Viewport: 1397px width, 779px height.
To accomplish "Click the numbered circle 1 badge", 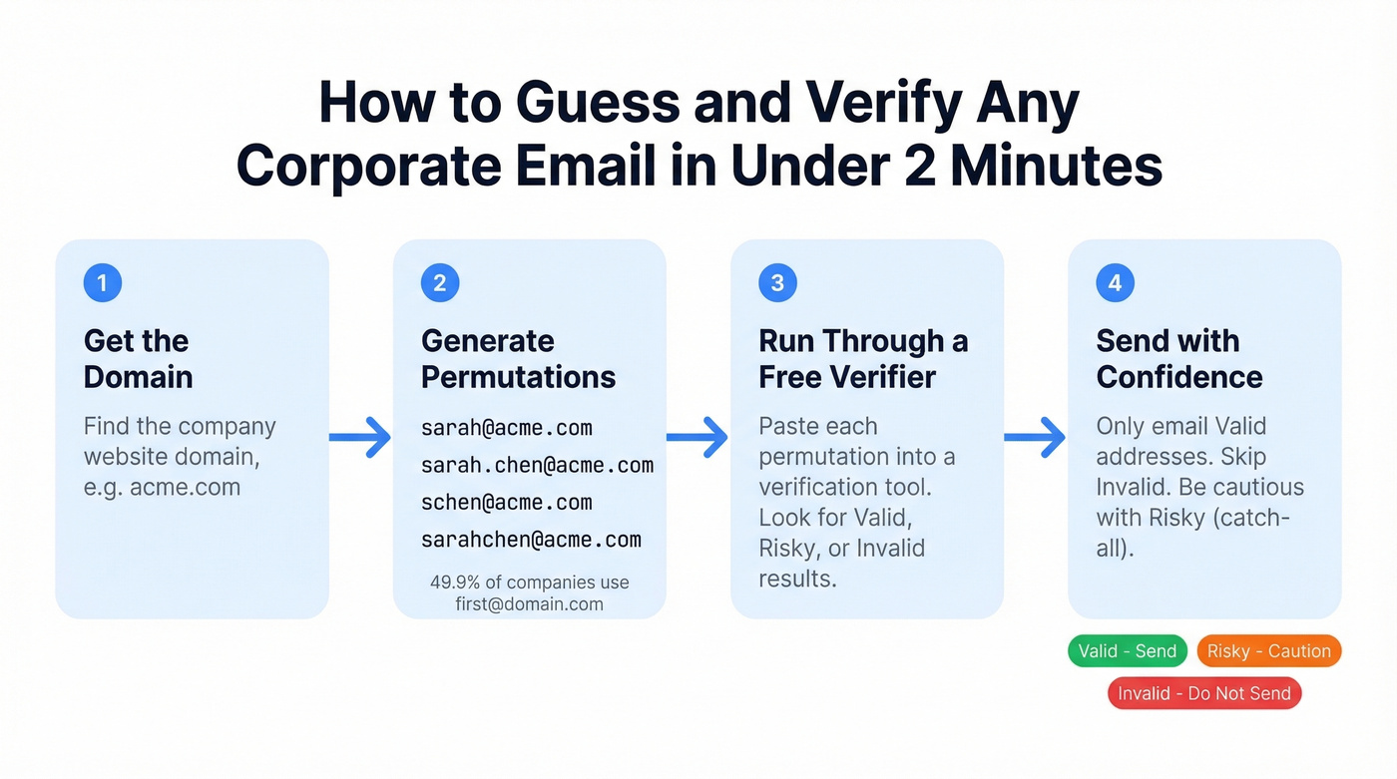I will tap(102, 283).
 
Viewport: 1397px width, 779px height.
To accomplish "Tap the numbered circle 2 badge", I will tap(440, 283).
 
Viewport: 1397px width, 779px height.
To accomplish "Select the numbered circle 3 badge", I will tap(777, 283).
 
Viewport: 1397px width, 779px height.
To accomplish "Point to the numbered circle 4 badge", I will tap(1115, 283).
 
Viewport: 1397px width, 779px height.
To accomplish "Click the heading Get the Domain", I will tap(138, 359).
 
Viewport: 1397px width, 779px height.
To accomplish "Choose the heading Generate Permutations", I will tap(518, 359).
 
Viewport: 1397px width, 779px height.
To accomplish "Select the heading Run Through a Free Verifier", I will tap(862, 359).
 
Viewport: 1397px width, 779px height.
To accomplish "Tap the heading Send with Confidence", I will tap(1178, 359).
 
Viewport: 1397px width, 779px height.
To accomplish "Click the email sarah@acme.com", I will tap(506, 428).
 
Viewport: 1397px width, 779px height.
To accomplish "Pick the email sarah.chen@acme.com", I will tap(537, 465).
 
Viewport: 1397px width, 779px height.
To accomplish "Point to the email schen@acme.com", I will tap(506, 502).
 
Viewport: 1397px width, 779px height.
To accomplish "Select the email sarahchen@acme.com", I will tap(531, 540).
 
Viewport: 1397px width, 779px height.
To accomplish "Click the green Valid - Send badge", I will tap(1128, 651).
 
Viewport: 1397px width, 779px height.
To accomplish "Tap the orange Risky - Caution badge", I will tap(1268, 651).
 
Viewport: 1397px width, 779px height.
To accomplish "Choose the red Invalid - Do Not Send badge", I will tap(1204, 693).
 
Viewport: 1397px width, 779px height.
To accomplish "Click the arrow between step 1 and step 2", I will tap(360, 437).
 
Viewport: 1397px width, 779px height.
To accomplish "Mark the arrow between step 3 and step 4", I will tap(1035, 437).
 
